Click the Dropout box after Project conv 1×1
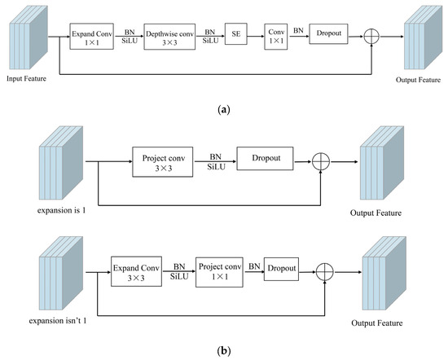(x=280, y=267)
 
